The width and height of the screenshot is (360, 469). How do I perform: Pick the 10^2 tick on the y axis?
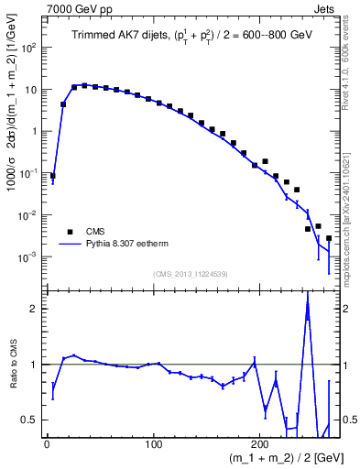pos(28,48)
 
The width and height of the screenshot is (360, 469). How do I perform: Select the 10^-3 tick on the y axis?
pos(28,256)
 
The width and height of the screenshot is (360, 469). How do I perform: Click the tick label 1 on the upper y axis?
pos(34,131)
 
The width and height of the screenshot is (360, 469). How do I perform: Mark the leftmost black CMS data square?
pos(52,175)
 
